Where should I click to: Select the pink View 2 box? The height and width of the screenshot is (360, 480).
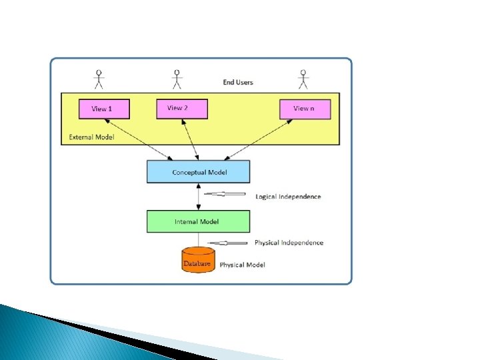[x=182, y=109]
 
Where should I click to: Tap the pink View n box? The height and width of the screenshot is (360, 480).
[x=305, y=109]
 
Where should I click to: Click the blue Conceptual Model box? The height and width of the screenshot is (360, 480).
[x=198, y=172]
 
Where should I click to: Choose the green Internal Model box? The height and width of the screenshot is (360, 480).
[x=198, y=221]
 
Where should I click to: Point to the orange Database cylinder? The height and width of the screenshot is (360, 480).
[x=198, y=260]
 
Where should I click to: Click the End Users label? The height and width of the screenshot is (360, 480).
[x=238, y=83]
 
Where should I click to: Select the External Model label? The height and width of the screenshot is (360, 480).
[x=92, y=137]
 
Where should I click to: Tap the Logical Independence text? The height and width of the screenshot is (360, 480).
[x=288, y=197]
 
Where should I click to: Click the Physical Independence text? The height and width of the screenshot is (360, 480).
[x=289, y=243]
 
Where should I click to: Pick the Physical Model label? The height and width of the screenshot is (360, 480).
[x=242, y=265]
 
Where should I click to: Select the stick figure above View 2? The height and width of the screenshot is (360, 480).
[x=177, y=79]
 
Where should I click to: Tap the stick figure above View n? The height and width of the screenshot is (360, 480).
[x=304, y=79]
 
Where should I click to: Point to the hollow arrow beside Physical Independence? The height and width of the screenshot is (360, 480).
[x=228, y=243]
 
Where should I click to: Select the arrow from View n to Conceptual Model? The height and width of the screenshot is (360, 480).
[x=258, y=140]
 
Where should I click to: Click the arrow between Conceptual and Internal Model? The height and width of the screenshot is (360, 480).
[x=198, y=197]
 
